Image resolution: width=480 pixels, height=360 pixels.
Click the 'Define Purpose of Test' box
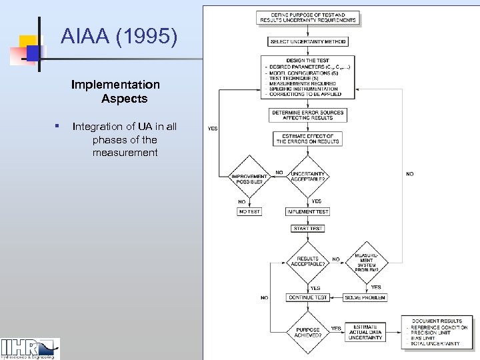tap(307, 17)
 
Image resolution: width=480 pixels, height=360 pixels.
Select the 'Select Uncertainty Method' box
tap(307, 41)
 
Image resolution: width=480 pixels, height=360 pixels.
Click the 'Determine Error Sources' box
tap(307, 115)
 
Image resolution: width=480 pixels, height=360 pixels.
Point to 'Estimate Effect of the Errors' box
tap(307, 139)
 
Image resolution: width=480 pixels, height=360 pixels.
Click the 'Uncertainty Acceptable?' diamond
tap(307, 176)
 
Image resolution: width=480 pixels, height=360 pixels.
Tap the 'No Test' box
tap(249, 211)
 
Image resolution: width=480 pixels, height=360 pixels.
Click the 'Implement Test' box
tap(307, 211)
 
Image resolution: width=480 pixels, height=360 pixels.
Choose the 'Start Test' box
tap(307, 229)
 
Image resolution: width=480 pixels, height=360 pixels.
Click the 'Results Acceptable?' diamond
tap(307, 261)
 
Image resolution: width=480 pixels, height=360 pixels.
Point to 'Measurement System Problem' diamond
tap(366, 261)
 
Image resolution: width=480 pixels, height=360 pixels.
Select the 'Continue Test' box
tap(307, 297)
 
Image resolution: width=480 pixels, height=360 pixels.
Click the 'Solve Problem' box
tap(365, 297)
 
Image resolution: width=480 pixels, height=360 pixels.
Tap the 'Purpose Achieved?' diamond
tap(307, 331)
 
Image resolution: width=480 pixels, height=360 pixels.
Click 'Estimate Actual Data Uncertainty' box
tap(365, 332)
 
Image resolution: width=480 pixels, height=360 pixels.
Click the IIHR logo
tap(30, 348)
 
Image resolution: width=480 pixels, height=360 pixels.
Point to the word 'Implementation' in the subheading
tap(115, 85)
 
